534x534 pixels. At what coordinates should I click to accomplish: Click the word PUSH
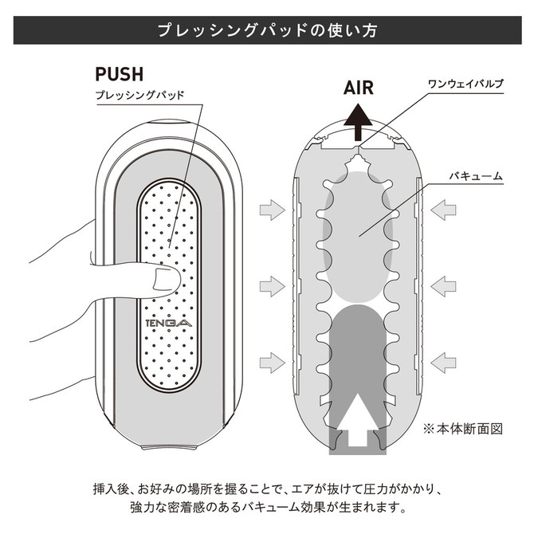(120, 74)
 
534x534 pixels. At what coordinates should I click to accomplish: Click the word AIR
(359, 88)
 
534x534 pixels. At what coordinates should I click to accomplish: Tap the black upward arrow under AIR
(358, 122)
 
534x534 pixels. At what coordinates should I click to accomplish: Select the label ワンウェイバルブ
(465, 84)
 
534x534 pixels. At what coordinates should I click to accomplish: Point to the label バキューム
(476, 176)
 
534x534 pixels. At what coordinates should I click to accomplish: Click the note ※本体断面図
(463, 429)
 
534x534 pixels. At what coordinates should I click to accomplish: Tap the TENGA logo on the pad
(169, 323)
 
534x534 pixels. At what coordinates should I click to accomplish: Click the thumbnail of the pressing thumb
(166, 279)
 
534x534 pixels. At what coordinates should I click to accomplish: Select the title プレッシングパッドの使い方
(267, 30)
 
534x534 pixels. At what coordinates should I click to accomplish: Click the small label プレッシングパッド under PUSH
(139, 95)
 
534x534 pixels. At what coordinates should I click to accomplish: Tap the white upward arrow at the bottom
(358, 419)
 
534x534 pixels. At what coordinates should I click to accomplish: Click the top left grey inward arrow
(272, 210)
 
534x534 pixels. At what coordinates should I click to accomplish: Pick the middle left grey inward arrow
(272, 286)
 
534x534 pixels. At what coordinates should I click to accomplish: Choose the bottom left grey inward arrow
(272, 363)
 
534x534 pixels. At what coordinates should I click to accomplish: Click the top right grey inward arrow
(443, 210)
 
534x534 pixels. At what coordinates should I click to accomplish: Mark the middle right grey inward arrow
(443, 286)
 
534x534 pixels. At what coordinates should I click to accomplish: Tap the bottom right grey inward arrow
(443, 363)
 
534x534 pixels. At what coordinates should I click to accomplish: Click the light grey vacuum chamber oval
(358, 236)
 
